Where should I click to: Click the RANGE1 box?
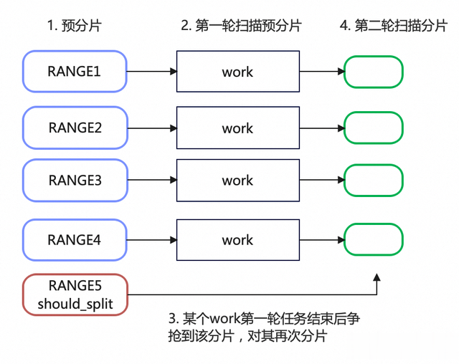click(x=75, y=72)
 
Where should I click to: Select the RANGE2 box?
click(x=75, y=128)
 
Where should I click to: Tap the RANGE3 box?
click(x=75, y=181)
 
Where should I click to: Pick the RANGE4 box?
click(x=75, y=240)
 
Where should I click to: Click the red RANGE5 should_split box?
click(x=75, y=294)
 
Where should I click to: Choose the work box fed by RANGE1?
click(x=238, y=72)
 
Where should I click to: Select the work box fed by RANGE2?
click(x=238, y=128)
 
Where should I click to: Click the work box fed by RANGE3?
click(x=238, y=181)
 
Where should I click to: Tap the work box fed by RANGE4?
click(x=238, y=240)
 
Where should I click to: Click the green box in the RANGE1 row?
click(x=373, y=72)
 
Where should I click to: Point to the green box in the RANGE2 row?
click(x=373, y=128)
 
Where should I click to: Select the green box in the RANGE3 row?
click(x=373, y=181)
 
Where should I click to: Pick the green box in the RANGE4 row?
click(x=373, y=239)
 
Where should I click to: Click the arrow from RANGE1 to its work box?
click(x=151, y=72)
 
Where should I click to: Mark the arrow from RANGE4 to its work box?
click(x=151, y=240)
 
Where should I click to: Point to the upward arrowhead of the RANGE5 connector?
click(x=377, y=277)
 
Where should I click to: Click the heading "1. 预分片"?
click(x=75, y=25)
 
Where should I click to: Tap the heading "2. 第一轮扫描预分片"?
click(x=241, y=25)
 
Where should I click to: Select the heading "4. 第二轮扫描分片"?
click(x=394, y=25)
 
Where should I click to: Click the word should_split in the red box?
click(x=75, y=304)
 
